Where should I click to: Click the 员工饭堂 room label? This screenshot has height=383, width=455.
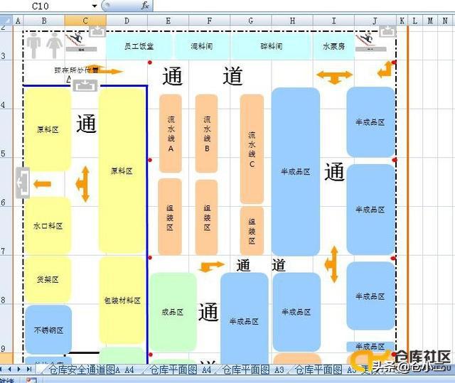tap(139, 46)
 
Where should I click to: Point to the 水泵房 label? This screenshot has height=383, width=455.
tap(333, 46)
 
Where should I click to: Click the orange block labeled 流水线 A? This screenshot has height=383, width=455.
tap(171, 134)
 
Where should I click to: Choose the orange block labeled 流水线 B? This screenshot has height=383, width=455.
tap(207, 134)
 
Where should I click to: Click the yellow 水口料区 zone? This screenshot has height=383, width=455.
tap(48, 226)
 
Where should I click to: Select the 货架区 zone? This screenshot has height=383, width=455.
tap(48, 279)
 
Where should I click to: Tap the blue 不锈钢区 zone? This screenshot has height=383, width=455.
tap(48, 330)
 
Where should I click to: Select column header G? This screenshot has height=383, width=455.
tap(251, 21)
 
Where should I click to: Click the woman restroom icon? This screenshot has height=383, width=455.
tap(55, 46)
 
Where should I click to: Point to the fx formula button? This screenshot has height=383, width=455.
tap(145, 5)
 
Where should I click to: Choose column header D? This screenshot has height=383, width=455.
tap(127, 21)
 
